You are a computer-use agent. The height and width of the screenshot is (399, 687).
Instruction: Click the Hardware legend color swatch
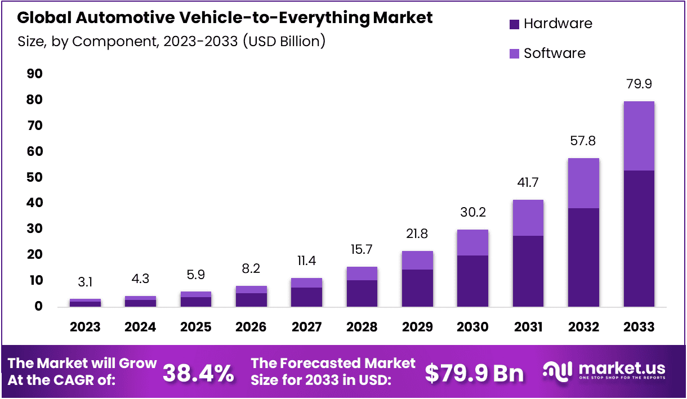pyautogui.click(x=514, y=24)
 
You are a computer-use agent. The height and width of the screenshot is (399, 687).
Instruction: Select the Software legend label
pyautogui.click(x=554, y=53)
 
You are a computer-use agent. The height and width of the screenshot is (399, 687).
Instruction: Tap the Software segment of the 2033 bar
pyautogui.click(x=639, y=136)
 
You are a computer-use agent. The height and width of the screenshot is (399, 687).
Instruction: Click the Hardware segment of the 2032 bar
pyautogui.click(x=583, y=257)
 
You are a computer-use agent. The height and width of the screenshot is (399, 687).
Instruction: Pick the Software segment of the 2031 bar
pyautogui.click(x=528, y=218)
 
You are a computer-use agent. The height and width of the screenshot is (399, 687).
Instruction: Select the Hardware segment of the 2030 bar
pyautogui.click(x=472, y=281)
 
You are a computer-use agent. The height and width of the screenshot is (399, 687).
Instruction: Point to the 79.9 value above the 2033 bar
pyautogui.click(x=639, y=84)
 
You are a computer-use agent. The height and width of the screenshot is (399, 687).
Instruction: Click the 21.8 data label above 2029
pyautogui.click(x=417, y=234)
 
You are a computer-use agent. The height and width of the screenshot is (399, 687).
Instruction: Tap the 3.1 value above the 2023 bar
pyautogui.click(x=85, y=282)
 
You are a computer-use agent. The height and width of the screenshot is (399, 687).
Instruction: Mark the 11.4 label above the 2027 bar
pyautogui.click(x=306, y=261)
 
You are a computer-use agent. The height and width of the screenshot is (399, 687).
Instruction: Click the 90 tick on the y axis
pyautogui.click(x=35, y=74)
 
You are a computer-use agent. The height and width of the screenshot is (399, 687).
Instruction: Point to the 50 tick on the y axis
pyautogui.click(x=35, y=177)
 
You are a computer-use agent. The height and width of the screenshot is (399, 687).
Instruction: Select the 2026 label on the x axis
pyautogui.click(x=251, y=327)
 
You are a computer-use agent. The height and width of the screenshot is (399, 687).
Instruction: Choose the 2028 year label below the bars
pyautogui.click(x=362, y=327)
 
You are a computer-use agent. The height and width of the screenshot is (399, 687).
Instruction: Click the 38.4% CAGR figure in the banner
pyautogui.click(x=198, y=373)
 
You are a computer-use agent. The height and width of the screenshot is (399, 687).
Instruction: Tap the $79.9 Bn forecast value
pyautogui.click(x=474, y=373)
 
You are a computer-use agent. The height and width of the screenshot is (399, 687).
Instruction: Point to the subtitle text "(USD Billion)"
pyautogui.click(x=284, y=42)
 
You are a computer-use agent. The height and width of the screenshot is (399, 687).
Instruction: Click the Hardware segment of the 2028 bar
pyautogui.click(x=362, y=293)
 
